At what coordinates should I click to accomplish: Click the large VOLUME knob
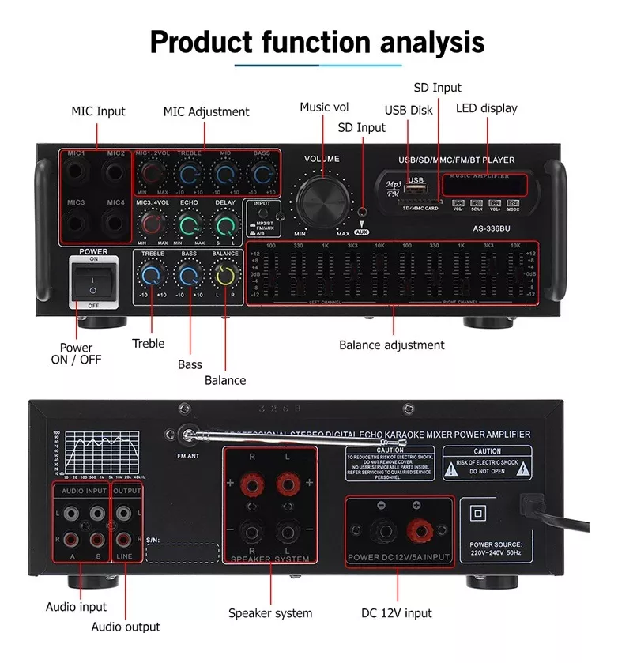pyautogui.click(x=322, y=194)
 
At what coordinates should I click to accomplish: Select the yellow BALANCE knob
pyautogui.click(x=226, y=276)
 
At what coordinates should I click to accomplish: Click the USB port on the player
pyautogui.click(x=416, y=189)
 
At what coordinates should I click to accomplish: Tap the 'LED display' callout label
pyautogui.click(x=486, y=108)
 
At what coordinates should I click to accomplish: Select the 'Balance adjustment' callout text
pyautogui.click(x=391, y=345)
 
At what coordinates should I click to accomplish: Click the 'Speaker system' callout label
pyautogui.click(x=270, y=612)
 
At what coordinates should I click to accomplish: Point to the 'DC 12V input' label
pyautogui.click(x=397, y=612)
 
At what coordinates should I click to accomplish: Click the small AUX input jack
pyautogui.click(x=362, y=213)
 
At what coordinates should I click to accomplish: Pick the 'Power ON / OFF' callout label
pyautogui.click(x=76, y=353)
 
